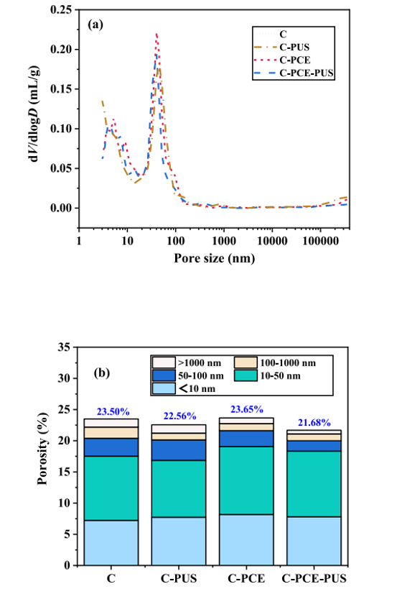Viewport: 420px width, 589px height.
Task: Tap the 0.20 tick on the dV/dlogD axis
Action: tap(60, 49)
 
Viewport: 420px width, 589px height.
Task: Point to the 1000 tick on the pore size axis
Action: tap(224, 240)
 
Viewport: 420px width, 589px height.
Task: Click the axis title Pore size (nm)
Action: tap(215, 258)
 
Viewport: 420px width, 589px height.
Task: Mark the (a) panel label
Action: tap(95, 25)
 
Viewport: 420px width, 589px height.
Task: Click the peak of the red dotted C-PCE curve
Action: tap(157, 33)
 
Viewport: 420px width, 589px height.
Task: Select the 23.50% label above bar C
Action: tap(113, 411)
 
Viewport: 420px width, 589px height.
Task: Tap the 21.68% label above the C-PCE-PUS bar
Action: tap(314, 423)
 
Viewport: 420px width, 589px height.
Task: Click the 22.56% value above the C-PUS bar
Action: tap(179, 416)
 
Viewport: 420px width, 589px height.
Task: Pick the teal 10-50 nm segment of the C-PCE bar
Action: tap(246, 480)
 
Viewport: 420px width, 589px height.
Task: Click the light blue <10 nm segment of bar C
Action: tap(111, 542)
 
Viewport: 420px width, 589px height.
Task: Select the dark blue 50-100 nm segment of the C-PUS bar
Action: tap(179, 450)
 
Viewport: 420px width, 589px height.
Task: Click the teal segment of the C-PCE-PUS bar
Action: tap(314, 484)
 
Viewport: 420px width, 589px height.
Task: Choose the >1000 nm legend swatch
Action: tap(164, 362)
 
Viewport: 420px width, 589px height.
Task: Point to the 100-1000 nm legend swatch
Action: tap(246, 362)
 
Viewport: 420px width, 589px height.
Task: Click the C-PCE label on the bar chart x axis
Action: tap(246, 578)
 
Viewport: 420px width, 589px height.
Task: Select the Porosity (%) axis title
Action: tap(43, 449)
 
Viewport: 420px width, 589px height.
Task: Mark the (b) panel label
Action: tap(102, 373)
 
